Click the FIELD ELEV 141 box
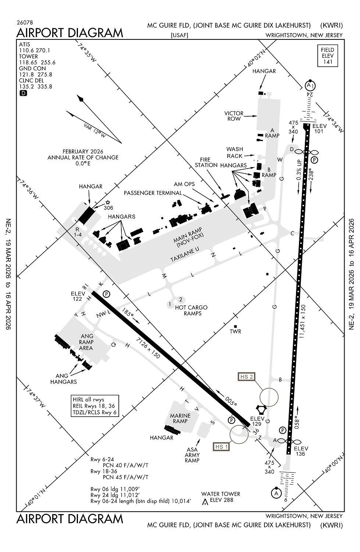coord(327,56)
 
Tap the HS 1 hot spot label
coord(222,447)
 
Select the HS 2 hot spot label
coord(246,376)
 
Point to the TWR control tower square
coord(235,326)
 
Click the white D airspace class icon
coord(23,93)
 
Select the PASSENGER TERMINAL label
coord(153,193)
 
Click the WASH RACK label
coord(235,152)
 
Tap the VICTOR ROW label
coord(234,116)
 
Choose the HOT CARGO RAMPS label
coord(191,310)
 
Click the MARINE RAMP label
coord(180,418)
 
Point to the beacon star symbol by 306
coord(108,202)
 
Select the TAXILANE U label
coord(185,255)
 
